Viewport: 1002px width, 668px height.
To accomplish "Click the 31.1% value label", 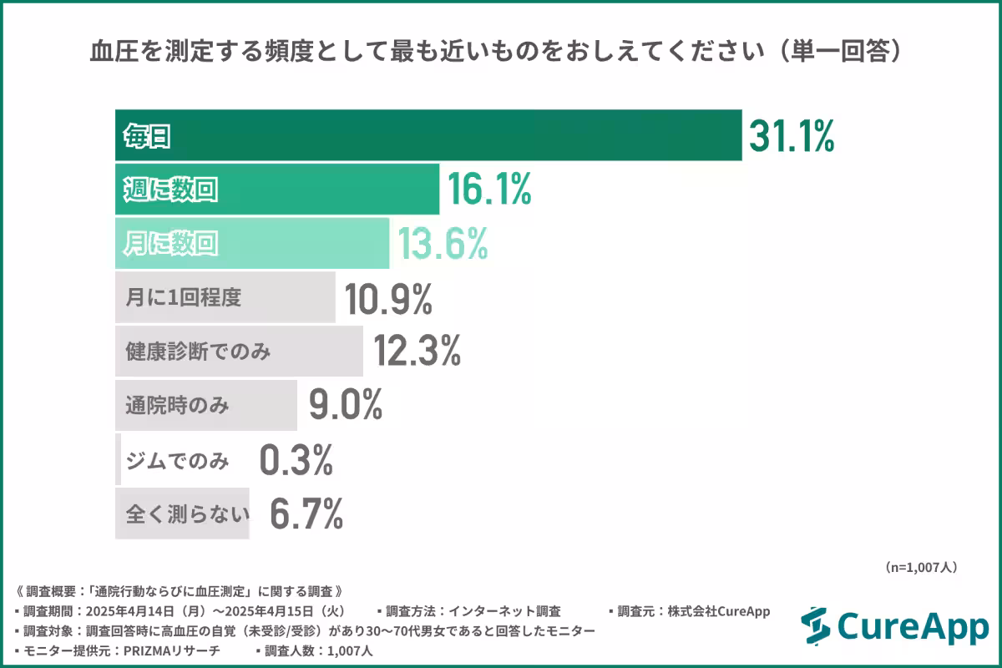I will [791, 136].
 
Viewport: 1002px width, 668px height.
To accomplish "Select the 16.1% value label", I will [489, 190].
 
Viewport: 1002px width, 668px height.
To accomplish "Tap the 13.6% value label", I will [442, 244].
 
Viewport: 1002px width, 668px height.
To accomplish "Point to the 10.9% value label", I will [389, 298].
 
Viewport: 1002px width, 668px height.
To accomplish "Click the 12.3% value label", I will [417, 352].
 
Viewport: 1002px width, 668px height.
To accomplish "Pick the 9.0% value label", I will [345, 406].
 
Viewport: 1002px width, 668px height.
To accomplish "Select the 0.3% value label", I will [296, 460].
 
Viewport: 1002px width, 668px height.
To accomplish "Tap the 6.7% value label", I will [306, 514].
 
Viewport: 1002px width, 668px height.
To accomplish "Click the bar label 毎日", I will [147, 136].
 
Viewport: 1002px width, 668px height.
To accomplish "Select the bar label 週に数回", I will [170, 190].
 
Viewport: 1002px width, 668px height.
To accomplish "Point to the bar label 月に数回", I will [170, 244].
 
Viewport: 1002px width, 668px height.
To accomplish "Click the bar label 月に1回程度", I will [183, 298].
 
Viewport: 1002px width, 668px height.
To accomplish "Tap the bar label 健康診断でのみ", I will [198, 352].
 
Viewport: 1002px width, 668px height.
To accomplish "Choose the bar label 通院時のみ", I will [176, 406].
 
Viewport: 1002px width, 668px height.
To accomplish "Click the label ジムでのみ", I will [176, 460].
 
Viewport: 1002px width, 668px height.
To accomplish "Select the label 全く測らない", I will [188, 514].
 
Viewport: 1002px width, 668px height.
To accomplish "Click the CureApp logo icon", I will [815, 626].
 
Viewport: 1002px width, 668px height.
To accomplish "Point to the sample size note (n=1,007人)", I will [920, 567].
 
